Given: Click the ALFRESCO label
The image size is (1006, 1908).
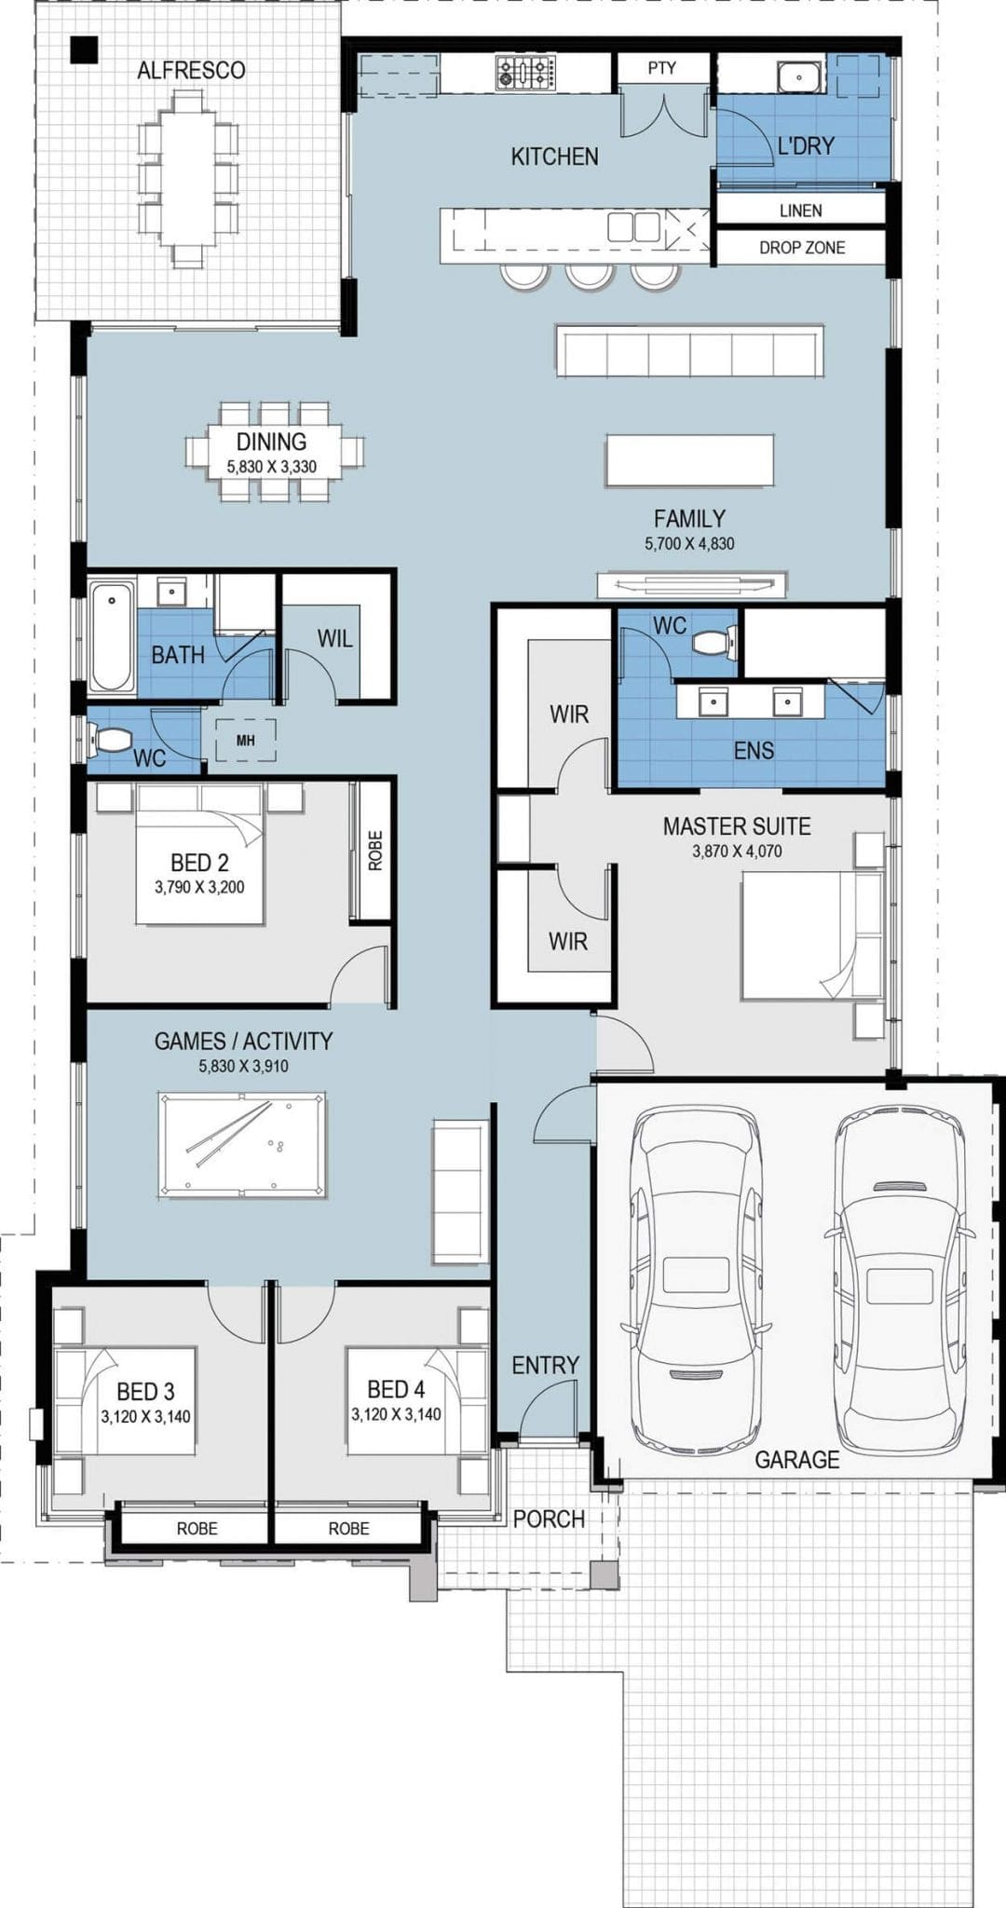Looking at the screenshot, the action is pos(191,71).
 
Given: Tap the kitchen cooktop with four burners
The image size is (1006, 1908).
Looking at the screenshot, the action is pos(525,74).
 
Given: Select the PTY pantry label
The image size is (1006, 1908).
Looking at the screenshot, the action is pos(662,68).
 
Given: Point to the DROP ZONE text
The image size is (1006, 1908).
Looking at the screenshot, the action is pos(802,248).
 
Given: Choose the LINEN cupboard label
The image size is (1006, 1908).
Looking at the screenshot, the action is pos(801,211).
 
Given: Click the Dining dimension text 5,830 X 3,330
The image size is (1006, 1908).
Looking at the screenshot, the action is pos(272,467).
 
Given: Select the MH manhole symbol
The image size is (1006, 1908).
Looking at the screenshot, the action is pos(245,741).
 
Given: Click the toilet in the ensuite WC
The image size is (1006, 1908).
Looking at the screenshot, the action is pos(719,642).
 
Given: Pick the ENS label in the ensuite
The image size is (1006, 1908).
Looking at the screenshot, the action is pos(754,750).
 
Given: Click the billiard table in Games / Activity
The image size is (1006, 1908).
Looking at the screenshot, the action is pos(242,1144).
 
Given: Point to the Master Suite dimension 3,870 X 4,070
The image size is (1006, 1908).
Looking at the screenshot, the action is pos(737,851).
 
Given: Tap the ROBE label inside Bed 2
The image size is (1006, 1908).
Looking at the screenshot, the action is pos(375,851).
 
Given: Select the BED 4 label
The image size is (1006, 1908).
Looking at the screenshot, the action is pos(396,1389).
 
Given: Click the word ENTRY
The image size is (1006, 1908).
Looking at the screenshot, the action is pos(545,1365).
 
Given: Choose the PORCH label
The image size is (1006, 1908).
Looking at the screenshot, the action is pos(549,1519).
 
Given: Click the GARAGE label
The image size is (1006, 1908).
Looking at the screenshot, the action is pos(796,1460).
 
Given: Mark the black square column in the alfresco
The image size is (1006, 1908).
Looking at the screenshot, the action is pos(84,49).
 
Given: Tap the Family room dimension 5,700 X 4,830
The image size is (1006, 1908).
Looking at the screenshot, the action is pos(689,543).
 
